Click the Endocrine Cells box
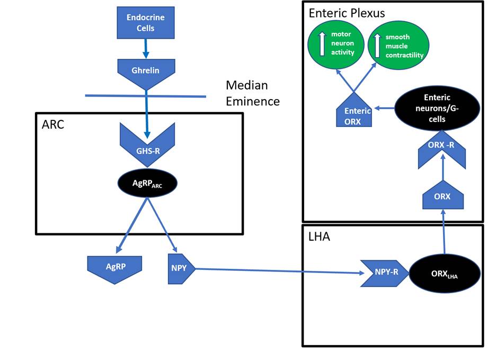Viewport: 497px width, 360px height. pyautogui.click(x=145, y=22)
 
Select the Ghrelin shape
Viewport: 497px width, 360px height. pyautogui.click(x=145, y=71)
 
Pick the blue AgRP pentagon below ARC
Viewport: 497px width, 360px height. pyautogui.click(x=114, y=268)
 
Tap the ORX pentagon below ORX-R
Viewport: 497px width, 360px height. pyautogui.click(x=442, y=198)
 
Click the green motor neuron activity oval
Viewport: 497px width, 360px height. pyautogui.click(x=336, y=45)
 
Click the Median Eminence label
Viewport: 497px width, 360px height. pyautogui.click(x=252, y=93)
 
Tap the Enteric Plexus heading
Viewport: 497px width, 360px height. pyautogui.click(x=347, y=13)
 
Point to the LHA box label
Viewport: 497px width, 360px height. pyautogui.click(x=319, y=236)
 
